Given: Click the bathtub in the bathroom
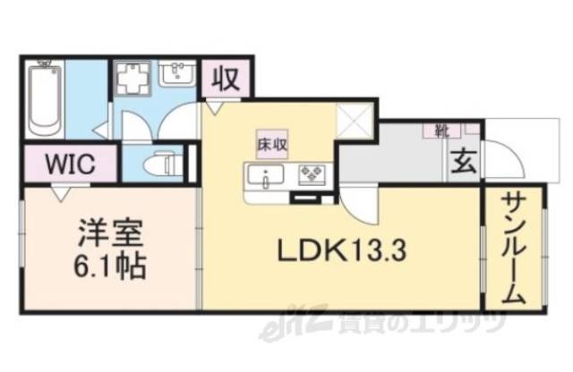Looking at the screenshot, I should (44, 97).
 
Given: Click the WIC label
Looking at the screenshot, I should (69, 165).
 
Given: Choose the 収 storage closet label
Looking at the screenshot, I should (225, 80).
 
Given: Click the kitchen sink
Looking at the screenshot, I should (266, 174).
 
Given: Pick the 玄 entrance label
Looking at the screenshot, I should (462, 163).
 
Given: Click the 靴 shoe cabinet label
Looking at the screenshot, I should (440, 130).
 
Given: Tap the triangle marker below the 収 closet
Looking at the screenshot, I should (213, 107).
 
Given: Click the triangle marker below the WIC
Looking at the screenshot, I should (60, 190).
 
